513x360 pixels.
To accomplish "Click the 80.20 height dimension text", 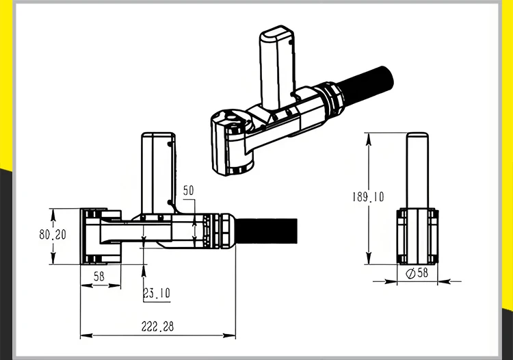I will click(52, 234).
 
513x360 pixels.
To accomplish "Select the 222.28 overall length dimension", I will click(159, 327).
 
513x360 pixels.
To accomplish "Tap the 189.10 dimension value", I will click(368, 197).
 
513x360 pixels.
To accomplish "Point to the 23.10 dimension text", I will click(157, 294).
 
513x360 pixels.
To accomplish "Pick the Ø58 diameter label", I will click(417, 272).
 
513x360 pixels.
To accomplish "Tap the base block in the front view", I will click(417, 236).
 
